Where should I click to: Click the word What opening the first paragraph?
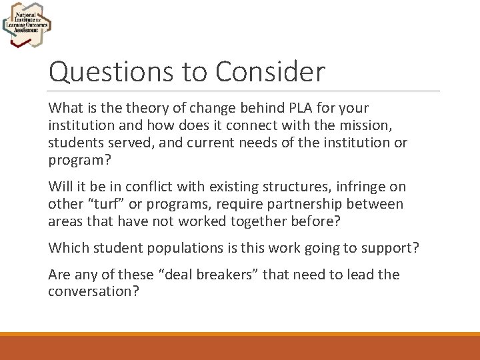65,108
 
